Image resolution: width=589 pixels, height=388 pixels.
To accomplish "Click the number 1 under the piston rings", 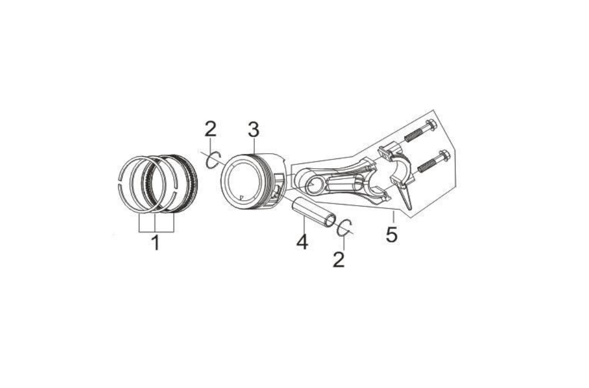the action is [155, 243].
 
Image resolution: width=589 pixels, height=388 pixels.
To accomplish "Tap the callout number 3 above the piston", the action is [254, 129].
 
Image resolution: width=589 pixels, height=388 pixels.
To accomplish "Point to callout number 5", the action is [391, 234].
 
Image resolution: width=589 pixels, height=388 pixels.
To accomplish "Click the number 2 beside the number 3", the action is [210, 129].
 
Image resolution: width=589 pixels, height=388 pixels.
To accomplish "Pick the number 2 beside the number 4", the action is [338, 259].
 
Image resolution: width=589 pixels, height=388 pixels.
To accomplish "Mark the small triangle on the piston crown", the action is [241, 196].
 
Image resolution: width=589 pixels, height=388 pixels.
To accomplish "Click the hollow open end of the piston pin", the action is [330, 220].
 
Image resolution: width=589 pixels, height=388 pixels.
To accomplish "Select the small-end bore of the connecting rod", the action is [312, 185].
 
